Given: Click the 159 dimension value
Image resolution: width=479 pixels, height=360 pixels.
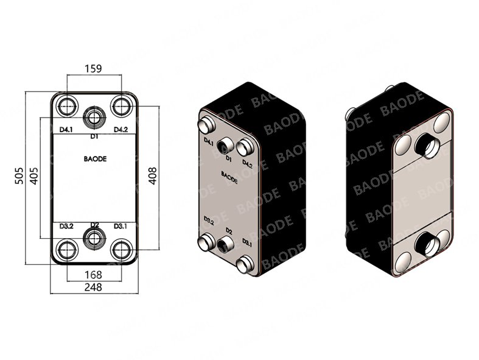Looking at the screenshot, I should (x=93, y=68).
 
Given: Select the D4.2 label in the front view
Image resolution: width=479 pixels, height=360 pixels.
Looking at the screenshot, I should (x=121, y=130).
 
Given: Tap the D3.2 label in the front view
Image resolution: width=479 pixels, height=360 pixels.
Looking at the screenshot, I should (x=66, y=226).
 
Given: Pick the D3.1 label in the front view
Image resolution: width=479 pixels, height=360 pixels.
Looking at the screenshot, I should (x=121, y=226).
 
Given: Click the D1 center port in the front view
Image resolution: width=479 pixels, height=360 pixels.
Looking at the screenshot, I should (x=93, y=116).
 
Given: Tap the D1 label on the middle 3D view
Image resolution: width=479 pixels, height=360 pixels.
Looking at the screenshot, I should (x=228, y=158).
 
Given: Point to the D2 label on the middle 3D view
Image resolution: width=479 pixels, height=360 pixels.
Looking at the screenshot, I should (x=229, y=230).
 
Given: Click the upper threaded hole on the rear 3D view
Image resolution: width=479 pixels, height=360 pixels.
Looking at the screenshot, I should (x=424, y=144).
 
